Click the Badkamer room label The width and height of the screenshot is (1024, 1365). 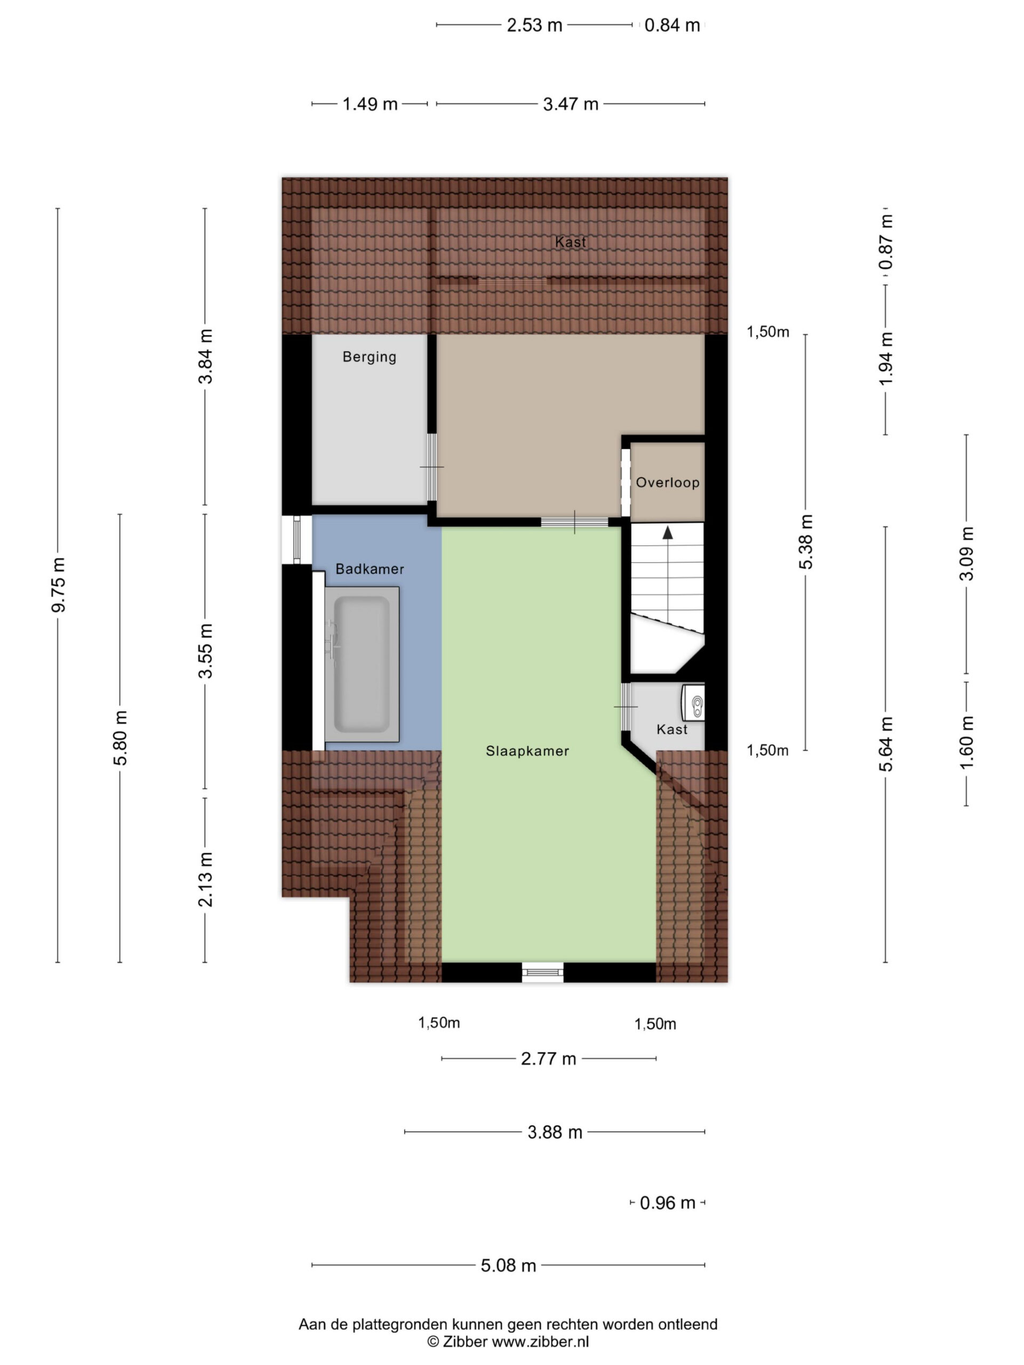click(370, 569)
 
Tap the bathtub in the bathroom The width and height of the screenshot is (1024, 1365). click(362, 664)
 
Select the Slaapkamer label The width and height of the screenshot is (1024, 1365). click(527, 751)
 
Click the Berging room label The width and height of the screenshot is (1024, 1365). click(370, 357)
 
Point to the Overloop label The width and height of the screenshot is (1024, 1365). click(668, 483)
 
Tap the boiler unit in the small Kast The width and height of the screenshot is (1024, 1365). click(693, 702)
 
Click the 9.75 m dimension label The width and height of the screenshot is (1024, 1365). click(59, 584)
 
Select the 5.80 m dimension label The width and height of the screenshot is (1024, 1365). click(121, 738)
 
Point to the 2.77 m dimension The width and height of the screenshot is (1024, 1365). click(549, 1058)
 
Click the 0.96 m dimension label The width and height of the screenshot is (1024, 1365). click(668, 1203)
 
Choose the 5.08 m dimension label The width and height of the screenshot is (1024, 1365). click(509, 1266)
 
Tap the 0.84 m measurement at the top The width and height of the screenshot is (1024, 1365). click(672, 25)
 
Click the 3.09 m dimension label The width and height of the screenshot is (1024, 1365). click(966, 553)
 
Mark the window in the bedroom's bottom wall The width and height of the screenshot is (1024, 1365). click(542, 973)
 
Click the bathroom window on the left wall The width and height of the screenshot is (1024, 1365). click(297, 540)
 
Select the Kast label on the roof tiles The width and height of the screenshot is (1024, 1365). click(570, 242)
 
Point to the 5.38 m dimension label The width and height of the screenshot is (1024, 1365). click(806, 542)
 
